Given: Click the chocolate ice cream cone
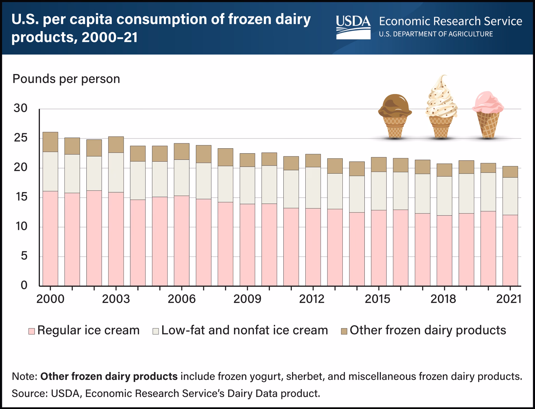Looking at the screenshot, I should pyautogui.click(x=395, y=117).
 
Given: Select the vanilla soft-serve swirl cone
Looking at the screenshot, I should pyautogui.click(x=441, y=109).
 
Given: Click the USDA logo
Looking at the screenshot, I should pyautogui.click(x=353, y=27).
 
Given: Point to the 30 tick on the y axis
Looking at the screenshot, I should pyautogui.click(x=21, y=108).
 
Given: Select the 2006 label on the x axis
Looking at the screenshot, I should pyautogui.click(x=181, y=299).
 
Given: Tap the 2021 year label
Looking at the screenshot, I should pyautogui.click(x=509, y=299).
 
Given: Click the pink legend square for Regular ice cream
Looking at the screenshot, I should pyautogui.click(x=31, y=331).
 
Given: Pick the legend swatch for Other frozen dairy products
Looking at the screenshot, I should pyautogui.click(x=344, y=331).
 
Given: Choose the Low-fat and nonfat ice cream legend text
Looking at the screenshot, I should pyautogui.click(x=244, y=330).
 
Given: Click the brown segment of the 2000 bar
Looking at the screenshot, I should pyautogui.click(x=50, y=142).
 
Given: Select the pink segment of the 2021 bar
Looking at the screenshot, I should pyautogui.click(x=510, y=250).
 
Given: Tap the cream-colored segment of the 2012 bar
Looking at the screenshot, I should pyautogui.click(x=313, y=188).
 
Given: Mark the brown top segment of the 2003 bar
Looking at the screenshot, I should pyautogui.click(x=116, y=145).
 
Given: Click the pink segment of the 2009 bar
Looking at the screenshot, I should pyautogui.click(x=247, y=245).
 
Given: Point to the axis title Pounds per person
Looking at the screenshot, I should pyautogui.click(x=66, y=79).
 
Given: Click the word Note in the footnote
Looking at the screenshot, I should pyautogui.click(x=25, y=376).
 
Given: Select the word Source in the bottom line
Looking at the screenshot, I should pyautogui.click(x=29, y=393).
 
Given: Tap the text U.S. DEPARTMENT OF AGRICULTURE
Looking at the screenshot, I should pyautogui.click(x=436, y=34).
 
